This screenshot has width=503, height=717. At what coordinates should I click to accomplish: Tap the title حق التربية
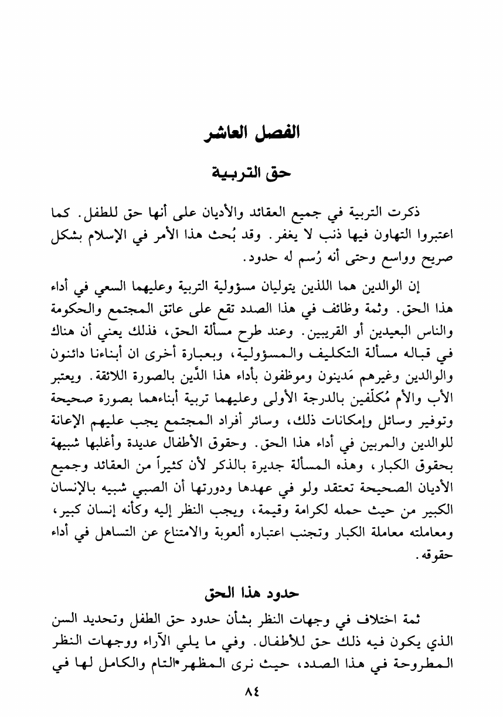tap(251, 173)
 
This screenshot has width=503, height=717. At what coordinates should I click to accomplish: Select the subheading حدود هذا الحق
tap(251, 593)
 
